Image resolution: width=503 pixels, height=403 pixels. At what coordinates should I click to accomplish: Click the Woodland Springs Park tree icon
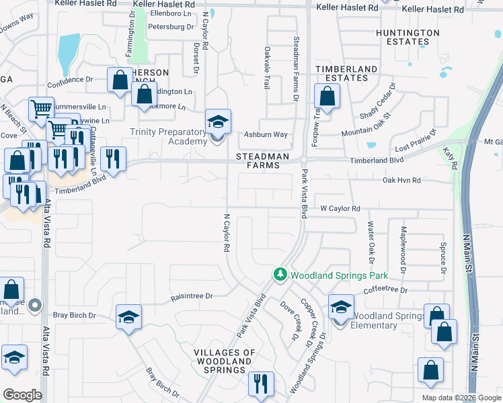coord(280,275)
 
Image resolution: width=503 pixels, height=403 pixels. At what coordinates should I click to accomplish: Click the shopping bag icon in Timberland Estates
coord(327,97)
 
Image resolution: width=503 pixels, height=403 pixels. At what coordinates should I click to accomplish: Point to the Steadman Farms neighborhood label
coord(267,161)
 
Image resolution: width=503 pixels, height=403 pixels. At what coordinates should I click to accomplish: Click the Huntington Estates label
coord(408,37)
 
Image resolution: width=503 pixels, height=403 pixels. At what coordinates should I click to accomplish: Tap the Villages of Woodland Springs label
coord(225,361)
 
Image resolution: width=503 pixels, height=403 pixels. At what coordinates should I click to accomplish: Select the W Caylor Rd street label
coord(340,209)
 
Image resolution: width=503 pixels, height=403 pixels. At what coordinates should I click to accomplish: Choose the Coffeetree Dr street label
coord(386,290)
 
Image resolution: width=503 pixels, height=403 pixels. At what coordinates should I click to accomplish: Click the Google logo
coord(22,395)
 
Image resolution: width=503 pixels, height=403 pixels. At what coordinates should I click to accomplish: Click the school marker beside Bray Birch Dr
coord(128,318)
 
